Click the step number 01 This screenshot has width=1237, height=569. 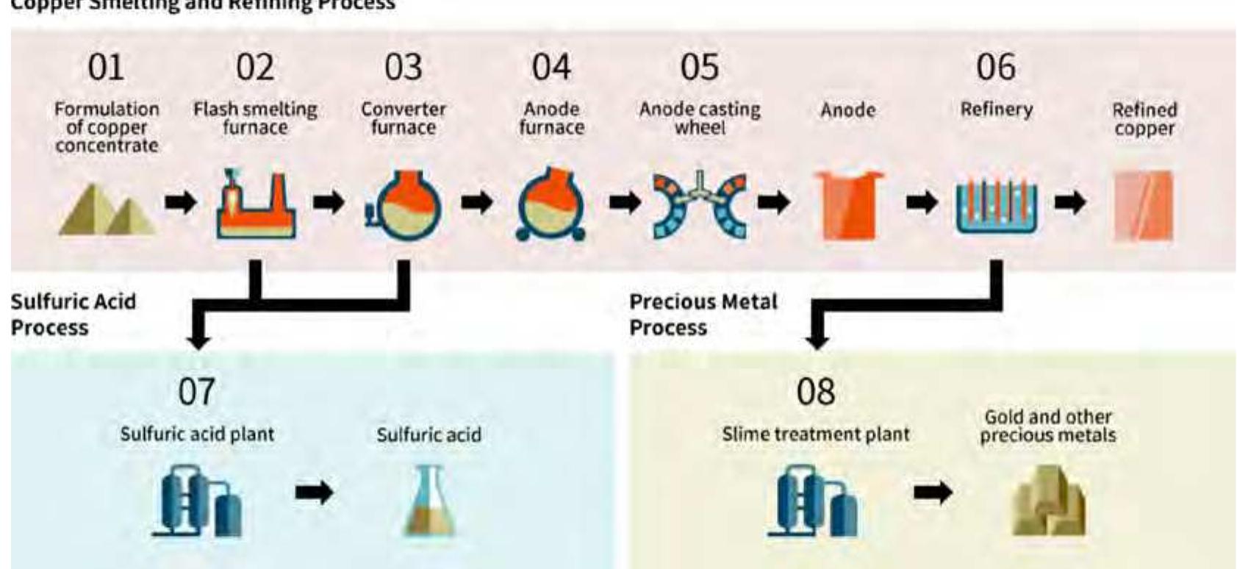[106, 68]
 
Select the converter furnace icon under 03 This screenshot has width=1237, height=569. [404, 205]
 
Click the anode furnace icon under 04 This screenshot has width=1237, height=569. [551, 205]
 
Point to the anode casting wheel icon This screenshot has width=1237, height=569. [699, 205]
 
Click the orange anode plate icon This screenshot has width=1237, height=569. [848, 205]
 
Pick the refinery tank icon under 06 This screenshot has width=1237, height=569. [996, 207]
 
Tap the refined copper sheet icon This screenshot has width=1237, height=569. [1144, 206]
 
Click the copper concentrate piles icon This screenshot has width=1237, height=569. [107, 210]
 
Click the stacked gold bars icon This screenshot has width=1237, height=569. [1048, 501]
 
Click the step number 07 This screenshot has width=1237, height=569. [196, 392]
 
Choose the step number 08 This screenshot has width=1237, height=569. [815, 392]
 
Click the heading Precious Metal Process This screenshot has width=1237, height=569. [703, 315]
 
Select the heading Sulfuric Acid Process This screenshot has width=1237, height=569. [73, 314]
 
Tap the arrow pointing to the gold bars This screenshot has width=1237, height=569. [933, 492]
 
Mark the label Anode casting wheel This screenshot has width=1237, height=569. [699, 118]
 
